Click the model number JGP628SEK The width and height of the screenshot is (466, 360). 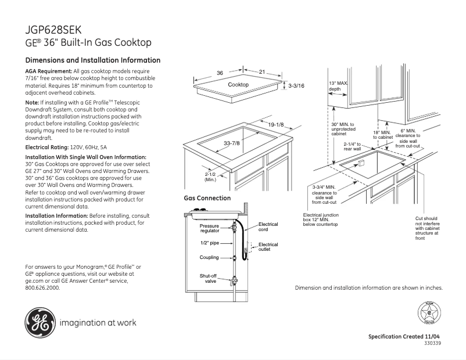pyautogui.click(x=53, y=30)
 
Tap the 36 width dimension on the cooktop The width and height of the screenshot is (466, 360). pyautogui.click(x=220, y=73)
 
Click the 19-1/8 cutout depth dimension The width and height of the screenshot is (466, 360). pyautogui.click(x=275, y=125)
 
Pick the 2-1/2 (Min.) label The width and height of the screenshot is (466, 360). pyautogui.click(x=210, y=177)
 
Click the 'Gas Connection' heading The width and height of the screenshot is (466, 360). pyautogui.click(x=207, y=199)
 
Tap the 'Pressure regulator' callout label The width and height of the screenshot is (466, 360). pyautogui.click(x=210, y=228)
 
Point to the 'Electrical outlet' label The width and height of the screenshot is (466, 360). pyautogui.click(x=268, y=247)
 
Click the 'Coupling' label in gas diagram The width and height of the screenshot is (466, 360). pyautogui.click(x=209, y=257)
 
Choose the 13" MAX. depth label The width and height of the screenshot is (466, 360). pyautogui.click(x=338, y=86)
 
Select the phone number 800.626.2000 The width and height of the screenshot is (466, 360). pyautogui.click(x=43, y=287)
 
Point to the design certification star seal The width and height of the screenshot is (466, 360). pyautogui.click(x=429, y=314)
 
